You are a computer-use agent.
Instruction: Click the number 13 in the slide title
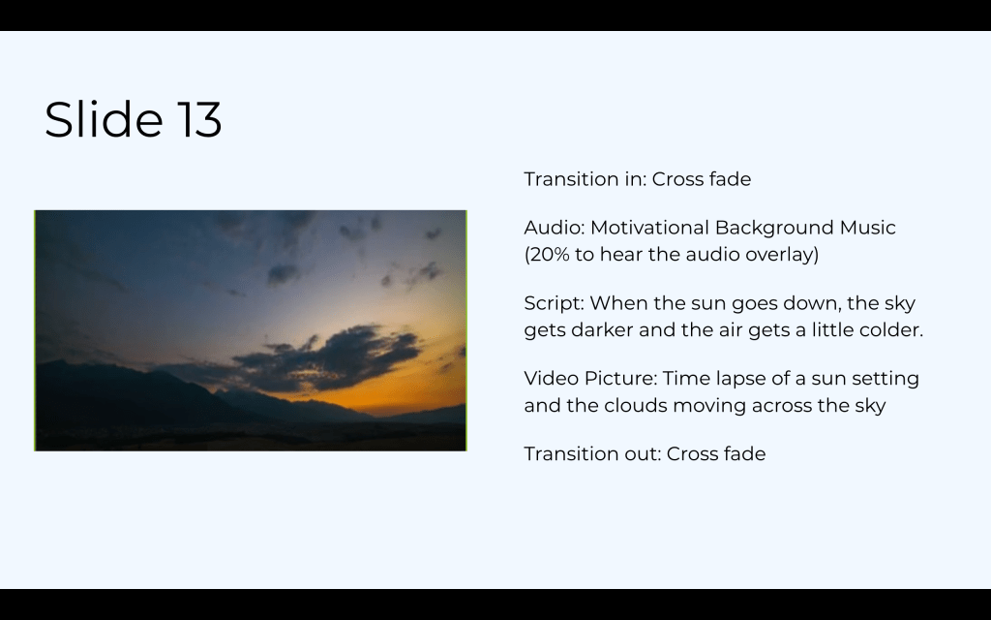199,119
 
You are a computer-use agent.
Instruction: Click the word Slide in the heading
104,118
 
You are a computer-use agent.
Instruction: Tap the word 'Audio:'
555,227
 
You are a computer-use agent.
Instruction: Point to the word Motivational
649,227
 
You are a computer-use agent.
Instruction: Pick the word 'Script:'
554,303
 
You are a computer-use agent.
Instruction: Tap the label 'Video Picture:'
590,379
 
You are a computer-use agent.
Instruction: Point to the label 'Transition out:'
592,453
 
